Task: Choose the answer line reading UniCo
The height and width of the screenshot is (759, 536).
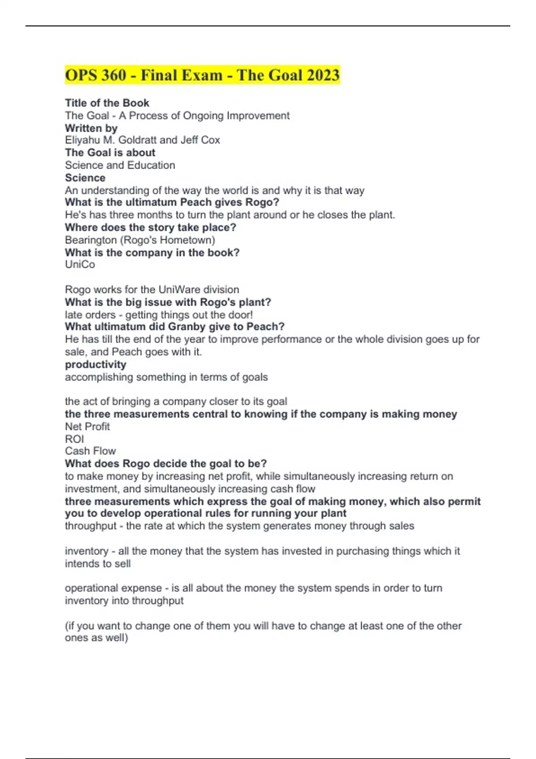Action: pyautogui.click(x=80, y=265)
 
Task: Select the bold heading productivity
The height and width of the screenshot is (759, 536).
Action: pyautogui.click(x=96, y=365)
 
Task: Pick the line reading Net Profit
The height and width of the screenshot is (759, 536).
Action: pyautogui.click(x=88, y=427)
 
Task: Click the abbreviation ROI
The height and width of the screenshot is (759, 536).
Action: pyautogui.click(x=74, y=439)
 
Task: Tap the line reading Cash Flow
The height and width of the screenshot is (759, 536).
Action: pyautogui.click(x=90, y=451)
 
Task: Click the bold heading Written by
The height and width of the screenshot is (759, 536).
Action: pyautogui.click(x=91, y=128)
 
